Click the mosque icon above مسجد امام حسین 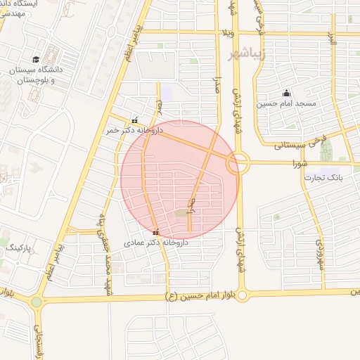286,93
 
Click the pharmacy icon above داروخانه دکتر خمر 134,120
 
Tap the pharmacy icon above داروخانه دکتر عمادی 155,232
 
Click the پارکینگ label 19,248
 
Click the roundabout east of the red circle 238,165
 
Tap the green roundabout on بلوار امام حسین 37,302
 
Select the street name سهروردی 319,250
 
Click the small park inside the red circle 181,212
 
